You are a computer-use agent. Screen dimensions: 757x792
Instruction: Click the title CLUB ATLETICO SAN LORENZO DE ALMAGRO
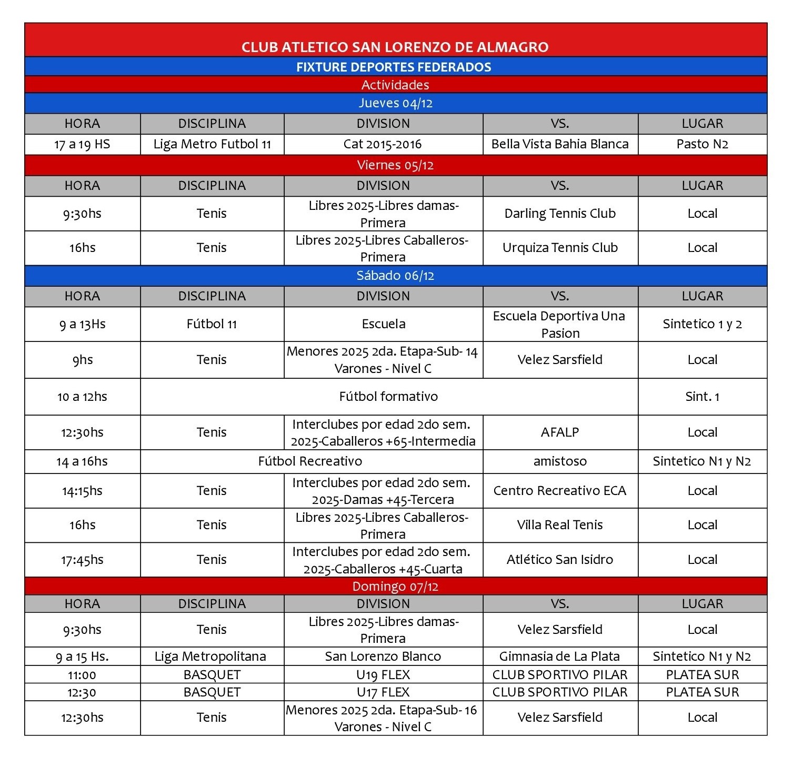[395, 47]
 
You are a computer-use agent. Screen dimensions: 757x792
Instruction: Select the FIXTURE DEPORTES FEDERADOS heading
[394, 67]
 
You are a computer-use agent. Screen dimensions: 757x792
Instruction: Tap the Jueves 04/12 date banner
[395, 103]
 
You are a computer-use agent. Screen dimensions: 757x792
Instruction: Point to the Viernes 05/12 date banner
[395, 165]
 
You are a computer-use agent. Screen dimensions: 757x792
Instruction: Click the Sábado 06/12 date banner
[395, 276]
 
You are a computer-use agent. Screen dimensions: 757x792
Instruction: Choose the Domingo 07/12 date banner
[395, 587]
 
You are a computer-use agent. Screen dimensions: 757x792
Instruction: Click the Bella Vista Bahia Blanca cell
[560, 144]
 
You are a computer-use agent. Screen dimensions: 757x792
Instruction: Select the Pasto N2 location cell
[702, 144]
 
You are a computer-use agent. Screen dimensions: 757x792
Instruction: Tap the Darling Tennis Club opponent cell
[560, 214]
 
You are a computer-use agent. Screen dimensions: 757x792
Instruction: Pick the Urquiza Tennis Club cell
[560, 248]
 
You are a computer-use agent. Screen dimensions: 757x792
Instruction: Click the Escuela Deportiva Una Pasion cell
[560, 325]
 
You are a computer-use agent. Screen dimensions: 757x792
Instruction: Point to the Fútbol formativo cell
[388, 397]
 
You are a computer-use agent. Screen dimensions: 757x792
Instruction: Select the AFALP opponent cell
[560, 432]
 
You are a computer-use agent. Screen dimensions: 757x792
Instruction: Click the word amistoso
[560, 461]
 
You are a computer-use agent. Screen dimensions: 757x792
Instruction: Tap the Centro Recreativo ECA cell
[560, 491]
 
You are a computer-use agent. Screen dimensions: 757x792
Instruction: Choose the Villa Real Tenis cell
[560, 525]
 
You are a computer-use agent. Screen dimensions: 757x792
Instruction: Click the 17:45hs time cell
[82, 560]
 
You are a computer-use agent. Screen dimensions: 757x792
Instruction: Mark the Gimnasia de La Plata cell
[560, 657]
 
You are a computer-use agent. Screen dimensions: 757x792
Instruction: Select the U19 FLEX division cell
[383, 675]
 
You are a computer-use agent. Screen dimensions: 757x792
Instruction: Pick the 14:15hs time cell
[82, 491]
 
